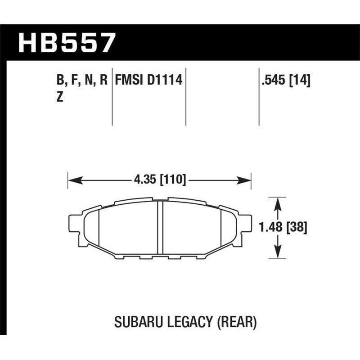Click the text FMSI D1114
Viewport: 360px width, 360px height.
[148, 81]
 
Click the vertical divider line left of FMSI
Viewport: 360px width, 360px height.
[112, 97]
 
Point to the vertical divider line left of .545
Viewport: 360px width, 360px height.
[259, 97]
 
